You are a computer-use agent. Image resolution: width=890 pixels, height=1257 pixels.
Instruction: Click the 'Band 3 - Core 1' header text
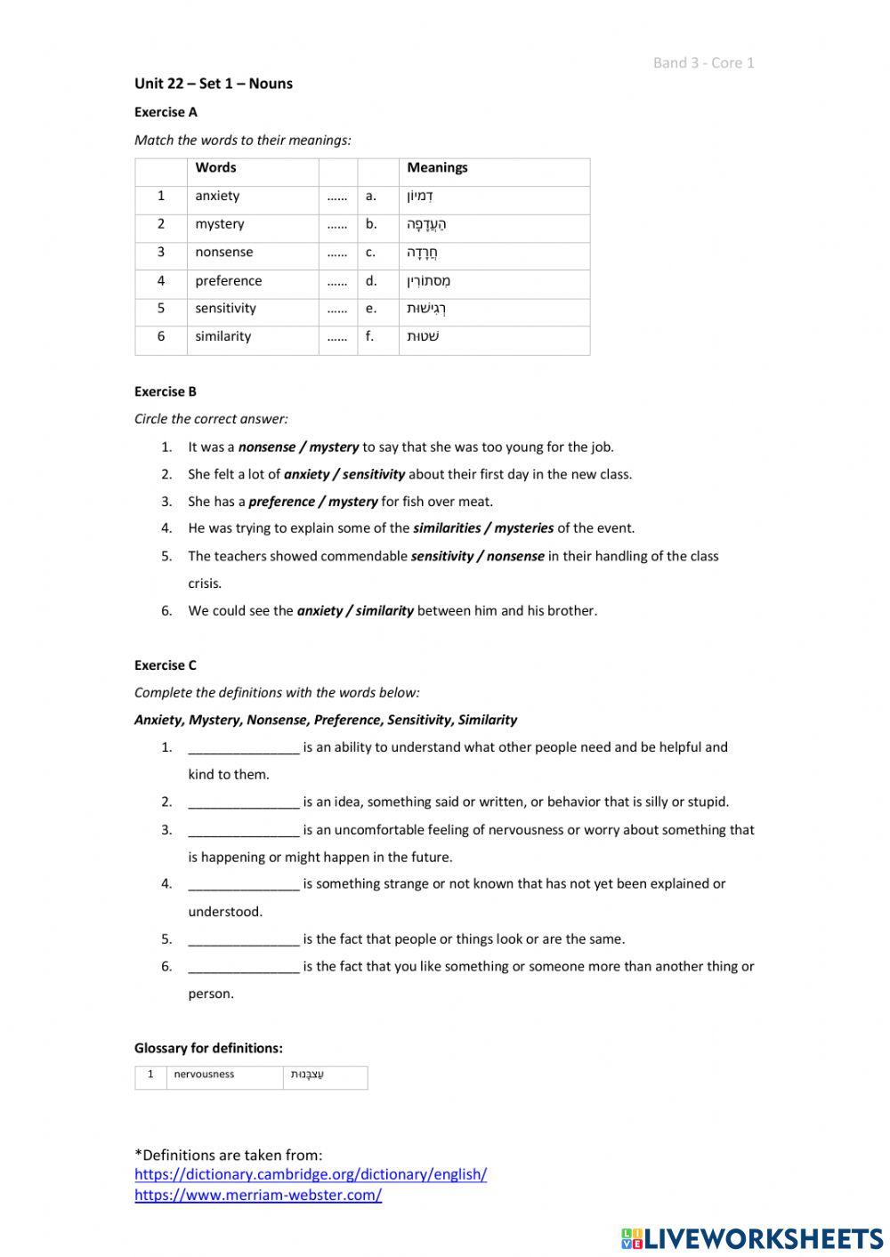(703, 62)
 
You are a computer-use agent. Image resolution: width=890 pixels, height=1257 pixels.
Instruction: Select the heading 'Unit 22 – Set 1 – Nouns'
(214, 84)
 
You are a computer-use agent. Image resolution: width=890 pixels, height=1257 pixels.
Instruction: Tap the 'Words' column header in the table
(215, 167)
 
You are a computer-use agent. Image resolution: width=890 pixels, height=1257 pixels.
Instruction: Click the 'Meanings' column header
(437, 167)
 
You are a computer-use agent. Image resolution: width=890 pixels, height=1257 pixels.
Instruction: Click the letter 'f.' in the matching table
(370, 336)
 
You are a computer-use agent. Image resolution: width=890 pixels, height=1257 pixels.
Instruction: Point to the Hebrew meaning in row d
(429, 281)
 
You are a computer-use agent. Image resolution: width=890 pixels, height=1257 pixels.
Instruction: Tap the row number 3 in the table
(161, 252)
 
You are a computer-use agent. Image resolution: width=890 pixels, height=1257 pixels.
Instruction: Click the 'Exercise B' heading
(166, 391)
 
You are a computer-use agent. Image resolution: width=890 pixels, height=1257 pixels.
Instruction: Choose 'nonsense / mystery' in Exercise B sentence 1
(298, 447)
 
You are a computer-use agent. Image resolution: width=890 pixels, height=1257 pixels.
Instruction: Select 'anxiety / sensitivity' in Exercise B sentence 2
(344, 474)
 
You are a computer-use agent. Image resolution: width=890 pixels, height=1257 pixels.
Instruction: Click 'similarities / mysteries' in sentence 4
(483, 528)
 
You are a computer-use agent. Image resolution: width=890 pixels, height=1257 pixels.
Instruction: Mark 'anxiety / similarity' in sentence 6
(355, 611)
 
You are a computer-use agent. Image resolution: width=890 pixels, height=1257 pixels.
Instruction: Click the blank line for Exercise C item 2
(244, 802)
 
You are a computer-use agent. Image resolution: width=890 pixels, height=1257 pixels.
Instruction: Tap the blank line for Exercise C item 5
(244, 939)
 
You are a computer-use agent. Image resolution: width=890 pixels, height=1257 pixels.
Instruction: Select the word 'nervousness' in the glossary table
(204, 1075)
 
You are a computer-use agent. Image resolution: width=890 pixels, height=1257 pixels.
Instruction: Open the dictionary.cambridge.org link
(311, 1174)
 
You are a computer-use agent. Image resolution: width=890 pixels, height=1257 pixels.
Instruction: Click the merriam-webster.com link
(258, 1195)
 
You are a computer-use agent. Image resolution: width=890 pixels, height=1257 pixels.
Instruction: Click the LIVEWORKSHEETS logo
(752, 1238)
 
